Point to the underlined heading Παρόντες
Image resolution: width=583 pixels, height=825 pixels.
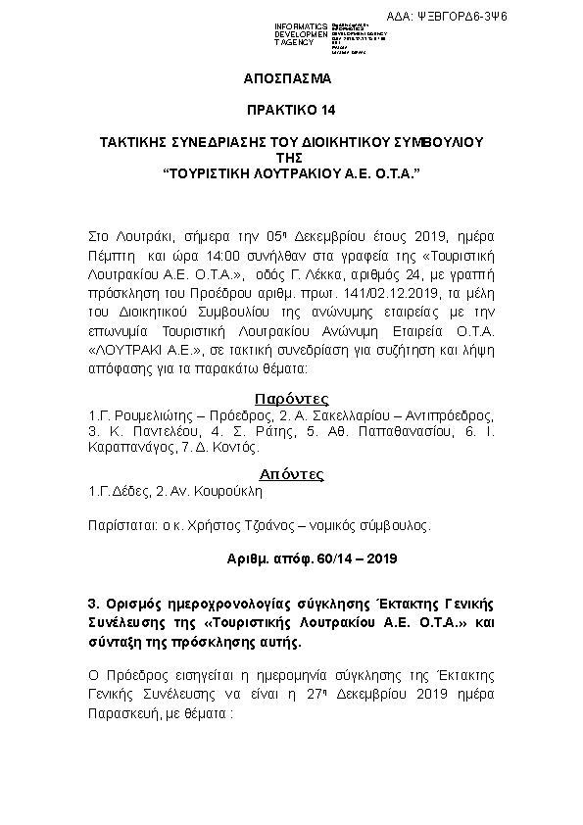point(291,399)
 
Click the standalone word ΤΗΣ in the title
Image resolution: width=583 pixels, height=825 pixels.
point(291,157)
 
